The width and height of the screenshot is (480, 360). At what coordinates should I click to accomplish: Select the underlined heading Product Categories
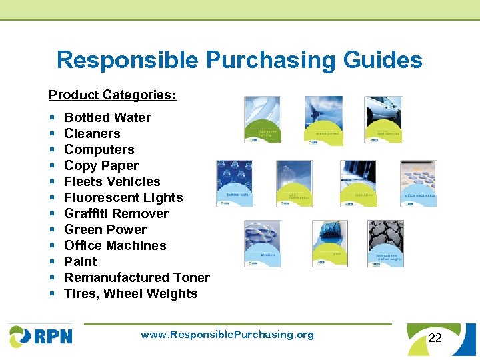[112, 95]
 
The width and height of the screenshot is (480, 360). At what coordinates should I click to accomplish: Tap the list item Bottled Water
[107, 117]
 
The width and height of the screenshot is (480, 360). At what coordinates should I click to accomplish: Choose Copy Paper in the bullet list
[101, 165]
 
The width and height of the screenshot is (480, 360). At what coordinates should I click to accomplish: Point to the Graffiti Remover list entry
[116, 213]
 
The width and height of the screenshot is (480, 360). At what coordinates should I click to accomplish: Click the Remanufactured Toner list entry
[137, 277]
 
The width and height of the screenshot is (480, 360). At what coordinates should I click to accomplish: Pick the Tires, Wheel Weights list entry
[131, 293]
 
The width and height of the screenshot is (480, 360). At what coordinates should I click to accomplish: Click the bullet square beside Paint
[52, 262]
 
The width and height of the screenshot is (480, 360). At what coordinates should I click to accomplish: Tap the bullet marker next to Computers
[52, 150]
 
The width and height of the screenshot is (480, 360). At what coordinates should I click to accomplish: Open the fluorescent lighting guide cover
[262, 121]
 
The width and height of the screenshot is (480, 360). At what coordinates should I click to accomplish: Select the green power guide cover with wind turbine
[324, 121]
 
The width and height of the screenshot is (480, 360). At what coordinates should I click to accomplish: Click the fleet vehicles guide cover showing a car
[383, 121]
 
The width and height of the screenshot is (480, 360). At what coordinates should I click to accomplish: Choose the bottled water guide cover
[235, 183]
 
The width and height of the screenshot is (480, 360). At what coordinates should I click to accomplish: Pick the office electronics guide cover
[419, 183]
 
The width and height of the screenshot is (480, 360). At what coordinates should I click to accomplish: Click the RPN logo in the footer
[41, 335]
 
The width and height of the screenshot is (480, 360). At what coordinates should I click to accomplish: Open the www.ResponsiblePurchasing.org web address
[227, 335]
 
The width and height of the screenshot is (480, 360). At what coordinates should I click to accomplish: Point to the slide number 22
[435, 338]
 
